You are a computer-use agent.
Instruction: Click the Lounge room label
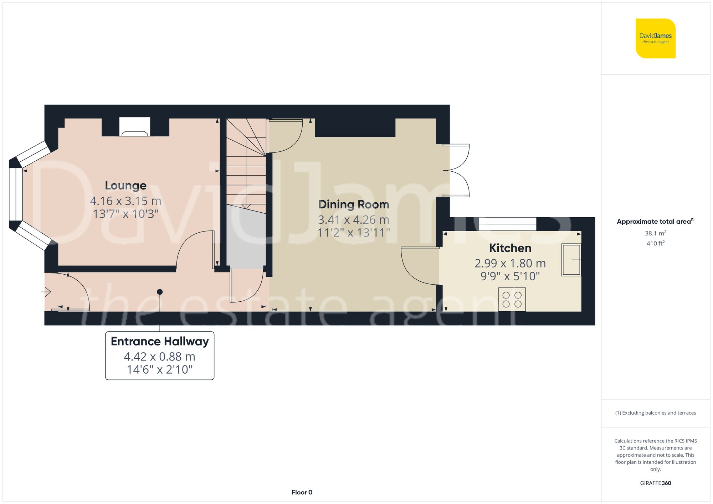coord(125,186)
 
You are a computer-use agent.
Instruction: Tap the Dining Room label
coord(353,204)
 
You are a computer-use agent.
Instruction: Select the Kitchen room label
coord(510,248)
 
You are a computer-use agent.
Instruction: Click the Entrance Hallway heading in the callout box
coord(160,341)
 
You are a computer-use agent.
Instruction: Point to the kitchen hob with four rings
coord(512,299)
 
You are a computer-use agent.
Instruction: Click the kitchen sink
coord(571,260)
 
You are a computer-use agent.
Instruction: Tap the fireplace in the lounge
coord(134,128)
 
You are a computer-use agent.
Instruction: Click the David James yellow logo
coord(655,38)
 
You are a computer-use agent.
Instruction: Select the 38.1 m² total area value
coord(655,233)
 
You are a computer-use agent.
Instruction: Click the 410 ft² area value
coord(655,244)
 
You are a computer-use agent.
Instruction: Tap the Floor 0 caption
coord(302,492)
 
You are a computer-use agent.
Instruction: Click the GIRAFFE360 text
coord(655,483)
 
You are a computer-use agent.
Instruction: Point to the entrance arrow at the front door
coord(46,292)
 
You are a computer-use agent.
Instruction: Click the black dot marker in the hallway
coord(160,292)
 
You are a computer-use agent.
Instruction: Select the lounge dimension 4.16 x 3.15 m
coord(125,201)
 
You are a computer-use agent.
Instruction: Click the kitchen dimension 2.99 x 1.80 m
coord(510,263)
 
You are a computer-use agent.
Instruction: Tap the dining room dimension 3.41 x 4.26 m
coord(353,220)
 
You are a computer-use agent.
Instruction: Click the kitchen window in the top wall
coord(507,224)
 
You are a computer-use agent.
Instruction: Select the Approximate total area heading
coord(655,222)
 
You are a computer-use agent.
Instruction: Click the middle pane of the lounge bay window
coord(16,194)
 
